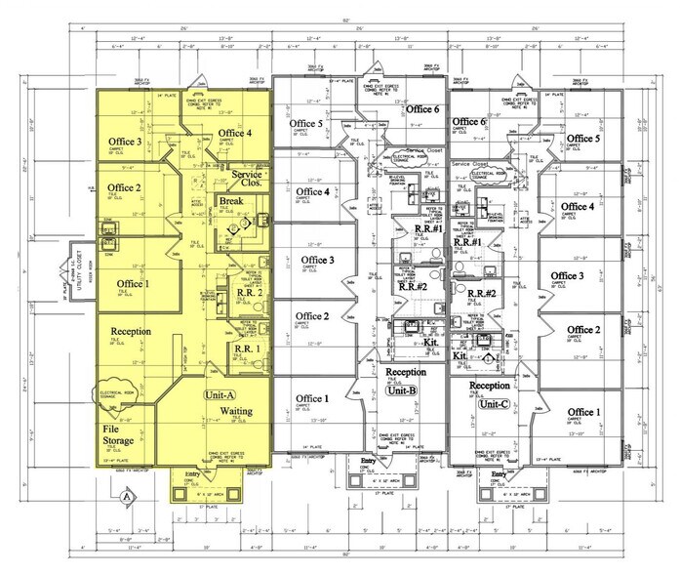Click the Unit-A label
tap(220, 395)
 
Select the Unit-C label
tap(495, 403)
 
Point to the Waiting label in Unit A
tap(238, 412)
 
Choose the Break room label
tap(232, 201)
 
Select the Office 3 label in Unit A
tap(125, 143)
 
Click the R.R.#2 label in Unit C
tap(456, 294)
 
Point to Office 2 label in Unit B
tap(314, 315)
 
